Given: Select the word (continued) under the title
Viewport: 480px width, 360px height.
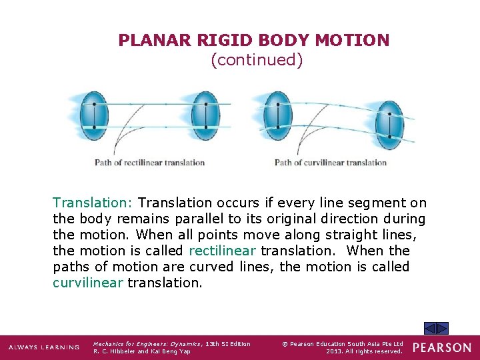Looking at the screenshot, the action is (257, 60).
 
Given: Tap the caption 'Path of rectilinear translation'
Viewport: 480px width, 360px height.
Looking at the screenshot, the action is (149, 162).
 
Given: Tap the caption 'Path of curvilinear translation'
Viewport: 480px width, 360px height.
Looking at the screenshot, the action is (331, 162).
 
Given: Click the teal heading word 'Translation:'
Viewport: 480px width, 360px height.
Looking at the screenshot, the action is (93, 203).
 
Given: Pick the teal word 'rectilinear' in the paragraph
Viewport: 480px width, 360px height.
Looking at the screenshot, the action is (223, 251).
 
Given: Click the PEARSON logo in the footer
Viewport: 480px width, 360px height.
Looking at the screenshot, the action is (441, 347).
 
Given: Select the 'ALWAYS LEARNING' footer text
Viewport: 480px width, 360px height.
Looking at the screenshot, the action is (44, 347).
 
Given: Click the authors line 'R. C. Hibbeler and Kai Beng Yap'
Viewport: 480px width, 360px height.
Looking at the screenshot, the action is (142, 351).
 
